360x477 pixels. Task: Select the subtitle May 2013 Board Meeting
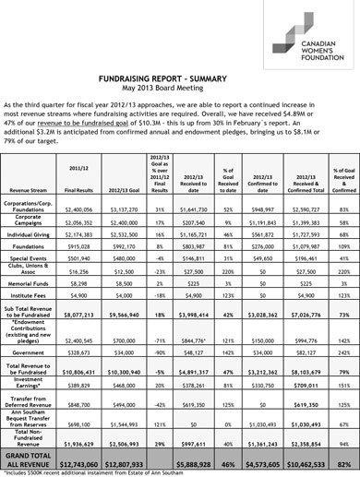pyautogui.click(x=179, y=89)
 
